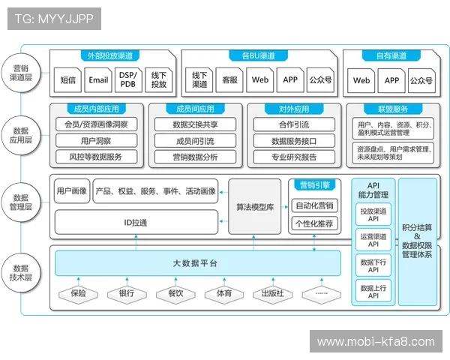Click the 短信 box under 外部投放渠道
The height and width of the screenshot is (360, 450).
click(x=67, y=79)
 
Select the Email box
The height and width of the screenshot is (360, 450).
click(x=98, y=79)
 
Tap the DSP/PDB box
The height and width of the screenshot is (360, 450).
click(x=128, y=79)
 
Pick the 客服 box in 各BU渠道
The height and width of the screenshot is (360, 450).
click(x=230, y=79)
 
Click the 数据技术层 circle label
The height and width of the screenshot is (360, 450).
click(x=22, y=272)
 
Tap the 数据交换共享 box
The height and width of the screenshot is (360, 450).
click(x=195, y=124)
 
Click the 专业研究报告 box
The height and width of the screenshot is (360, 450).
click(x=294, y=157)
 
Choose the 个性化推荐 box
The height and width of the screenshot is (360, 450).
click(x=314, y=223)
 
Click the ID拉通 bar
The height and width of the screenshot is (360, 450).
click(x=136, y=223)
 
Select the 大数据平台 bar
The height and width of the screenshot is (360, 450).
click(x=195, y=262)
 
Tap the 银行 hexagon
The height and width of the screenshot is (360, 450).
click(x=126, y=293)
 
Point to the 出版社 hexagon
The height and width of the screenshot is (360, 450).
click(x=272, y=293)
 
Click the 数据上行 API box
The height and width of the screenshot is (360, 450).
click(x=373, y=290)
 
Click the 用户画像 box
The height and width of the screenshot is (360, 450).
click(x=72, y=191)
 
